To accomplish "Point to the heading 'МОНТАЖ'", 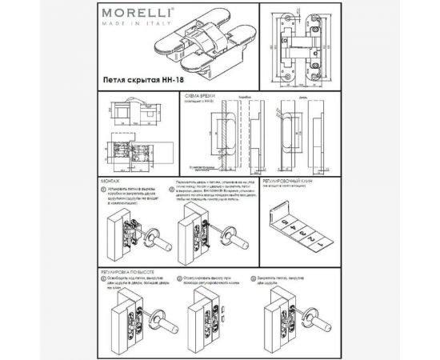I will coord(114,182).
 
